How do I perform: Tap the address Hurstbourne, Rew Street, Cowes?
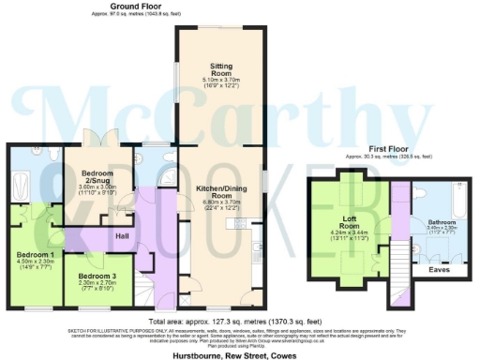pyautogui.click(x=240, y=351)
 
